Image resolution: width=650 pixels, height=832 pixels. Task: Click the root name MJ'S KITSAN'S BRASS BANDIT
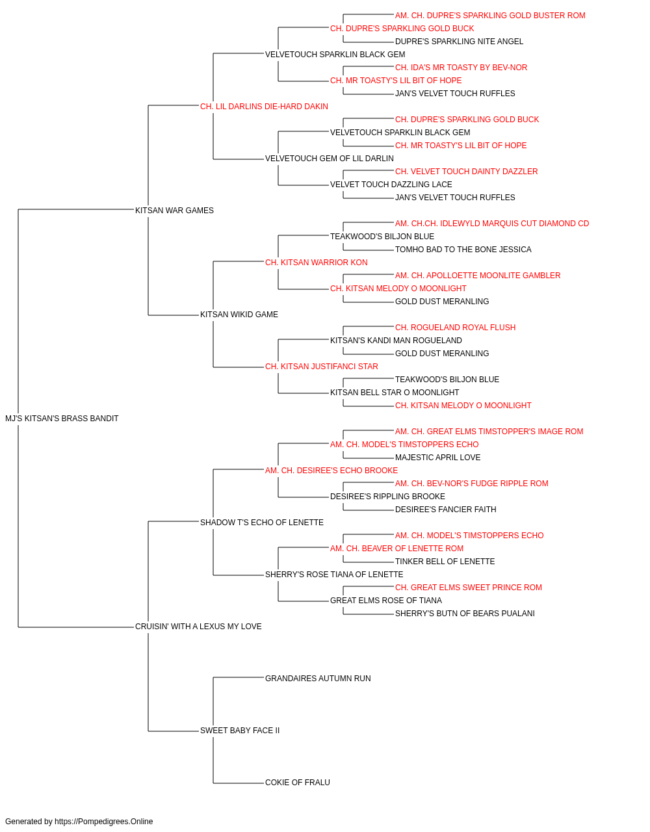tap(62, 418)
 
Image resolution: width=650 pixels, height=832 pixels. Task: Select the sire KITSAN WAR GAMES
tap(174, 210)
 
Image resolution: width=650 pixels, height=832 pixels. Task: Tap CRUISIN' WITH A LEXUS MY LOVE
tap(198, 627)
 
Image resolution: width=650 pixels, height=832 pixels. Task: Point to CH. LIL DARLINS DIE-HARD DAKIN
tap(264, 107)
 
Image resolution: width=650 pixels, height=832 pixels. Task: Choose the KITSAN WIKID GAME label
tap(239, 315)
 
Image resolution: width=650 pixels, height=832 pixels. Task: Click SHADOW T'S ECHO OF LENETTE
tap(262, 522)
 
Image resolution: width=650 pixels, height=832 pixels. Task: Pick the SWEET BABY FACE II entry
tap(240, 730)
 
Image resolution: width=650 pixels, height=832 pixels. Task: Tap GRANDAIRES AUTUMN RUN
tap(318, 679)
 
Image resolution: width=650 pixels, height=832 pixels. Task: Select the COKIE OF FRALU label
tap(298, 782)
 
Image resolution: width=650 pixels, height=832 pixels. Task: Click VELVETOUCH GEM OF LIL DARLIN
tap(329, 159)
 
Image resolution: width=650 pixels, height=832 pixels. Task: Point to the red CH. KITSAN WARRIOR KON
tap(316, 262)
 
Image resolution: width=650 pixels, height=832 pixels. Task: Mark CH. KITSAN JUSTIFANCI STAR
tap(322, 367)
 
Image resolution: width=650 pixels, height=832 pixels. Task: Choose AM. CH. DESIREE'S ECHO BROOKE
tap(331, 470)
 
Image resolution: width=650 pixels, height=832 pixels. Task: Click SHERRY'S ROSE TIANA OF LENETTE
tap(334, 575)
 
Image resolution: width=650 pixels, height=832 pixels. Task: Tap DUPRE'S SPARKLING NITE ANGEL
tap(459, 42)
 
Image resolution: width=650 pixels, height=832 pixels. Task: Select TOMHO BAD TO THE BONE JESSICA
tap(463, 249)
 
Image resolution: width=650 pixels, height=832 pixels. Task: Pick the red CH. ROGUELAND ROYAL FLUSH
tap(455, 328)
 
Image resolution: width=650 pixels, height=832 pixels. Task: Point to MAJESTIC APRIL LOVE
tap(437, 457)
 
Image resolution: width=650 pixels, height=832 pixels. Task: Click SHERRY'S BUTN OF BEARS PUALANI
tap(465, 614)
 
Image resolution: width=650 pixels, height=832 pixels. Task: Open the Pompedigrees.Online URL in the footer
tap(104, 822)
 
